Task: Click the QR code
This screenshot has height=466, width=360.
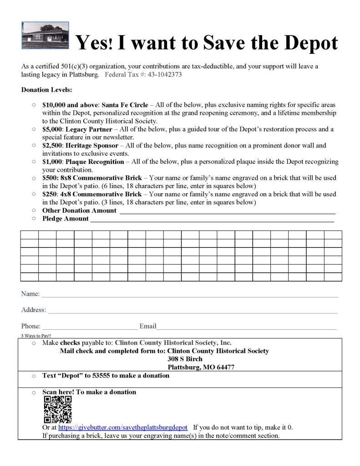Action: coord(58,410)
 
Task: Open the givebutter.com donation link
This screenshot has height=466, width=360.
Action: coord(123,428)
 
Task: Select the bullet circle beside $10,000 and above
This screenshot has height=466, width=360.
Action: coord(34,105)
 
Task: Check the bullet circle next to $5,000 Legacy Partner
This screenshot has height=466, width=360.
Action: coord(34,129)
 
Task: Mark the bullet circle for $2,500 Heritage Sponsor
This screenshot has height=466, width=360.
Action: coord(34,145)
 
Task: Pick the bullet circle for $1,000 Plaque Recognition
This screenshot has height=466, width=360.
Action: coord(34,162)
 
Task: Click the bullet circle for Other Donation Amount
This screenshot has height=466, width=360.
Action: coord(34,210)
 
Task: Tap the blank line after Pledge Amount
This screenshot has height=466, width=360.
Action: coord(212,220)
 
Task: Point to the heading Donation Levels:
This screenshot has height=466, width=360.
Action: coord(46,90)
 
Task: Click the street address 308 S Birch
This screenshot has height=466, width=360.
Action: coord(185,359)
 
